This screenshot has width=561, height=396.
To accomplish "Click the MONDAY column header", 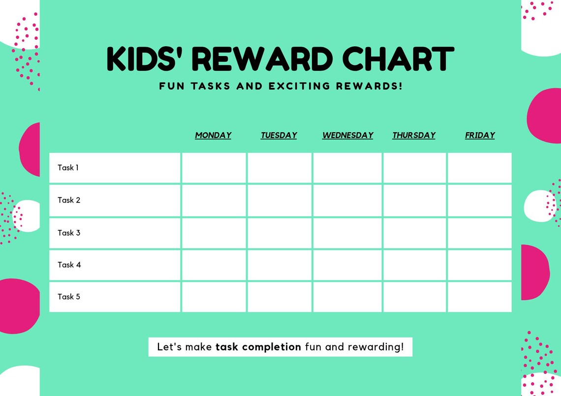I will pyautogui.click(x=213, y=135).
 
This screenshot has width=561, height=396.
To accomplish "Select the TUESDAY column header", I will pyautogui.click(x=279, y=135).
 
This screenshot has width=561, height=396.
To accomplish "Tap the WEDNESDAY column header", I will pyautogui.click(x=347, y=135).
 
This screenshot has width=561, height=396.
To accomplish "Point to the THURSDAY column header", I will pyautogui.click(x=414, y=135).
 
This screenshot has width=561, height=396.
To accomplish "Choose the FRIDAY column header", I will pyautogui.click(x=480, y=135).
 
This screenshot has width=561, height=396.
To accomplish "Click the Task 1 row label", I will pyautogui.click(x=68, y=168).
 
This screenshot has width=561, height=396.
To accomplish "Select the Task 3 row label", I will pyautogui.click(x=68, y=233).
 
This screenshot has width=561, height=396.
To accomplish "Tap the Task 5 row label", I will pyautogui.click(x=68, y=297).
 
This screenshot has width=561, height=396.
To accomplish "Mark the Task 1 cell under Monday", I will pyautogui.click(x=214, y=168).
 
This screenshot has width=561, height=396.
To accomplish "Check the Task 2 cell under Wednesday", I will pyautogui.click(x=347, y=200).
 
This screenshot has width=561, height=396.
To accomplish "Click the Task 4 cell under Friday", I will pyautogui.click(x=480, y=265).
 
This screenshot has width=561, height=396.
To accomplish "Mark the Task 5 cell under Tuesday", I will pyautogui.click(x=279, y=297).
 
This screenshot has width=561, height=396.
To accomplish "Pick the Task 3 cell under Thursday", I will pyautogui.click(x=414, y=233).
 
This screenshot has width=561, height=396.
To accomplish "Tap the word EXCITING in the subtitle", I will pyautogui.click(x=299, y=86).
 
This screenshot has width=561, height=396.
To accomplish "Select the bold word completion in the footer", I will pyautogui.click(x=272, y=347).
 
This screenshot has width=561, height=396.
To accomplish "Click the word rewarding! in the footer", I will pyautogui.click(x=376, y=347).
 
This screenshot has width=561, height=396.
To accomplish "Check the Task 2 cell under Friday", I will pyautogui.click(x=480, y=200).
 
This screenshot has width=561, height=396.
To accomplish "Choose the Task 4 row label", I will pyautogui.click(x=69, y=265).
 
